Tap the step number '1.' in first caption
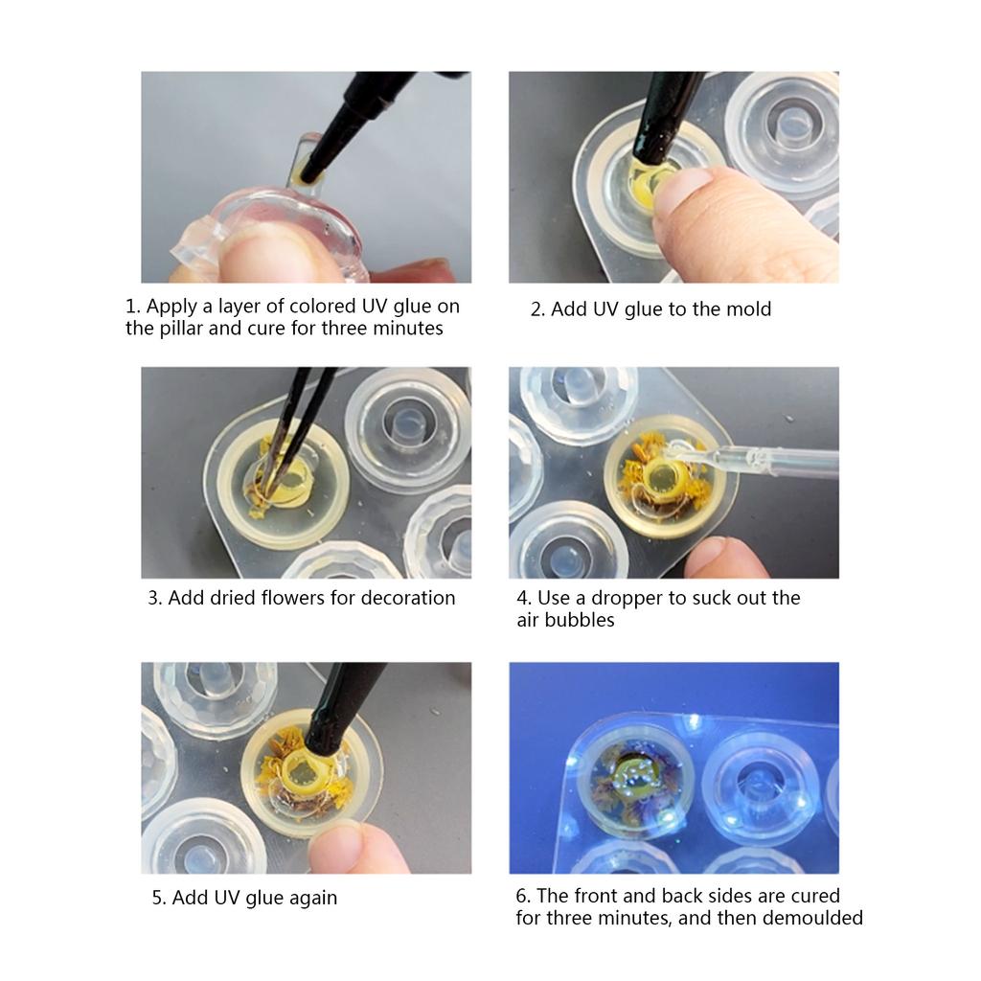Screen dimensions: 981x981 pos(133,307)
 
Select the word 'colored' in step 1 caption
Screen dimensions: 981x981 pos(325,307)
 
